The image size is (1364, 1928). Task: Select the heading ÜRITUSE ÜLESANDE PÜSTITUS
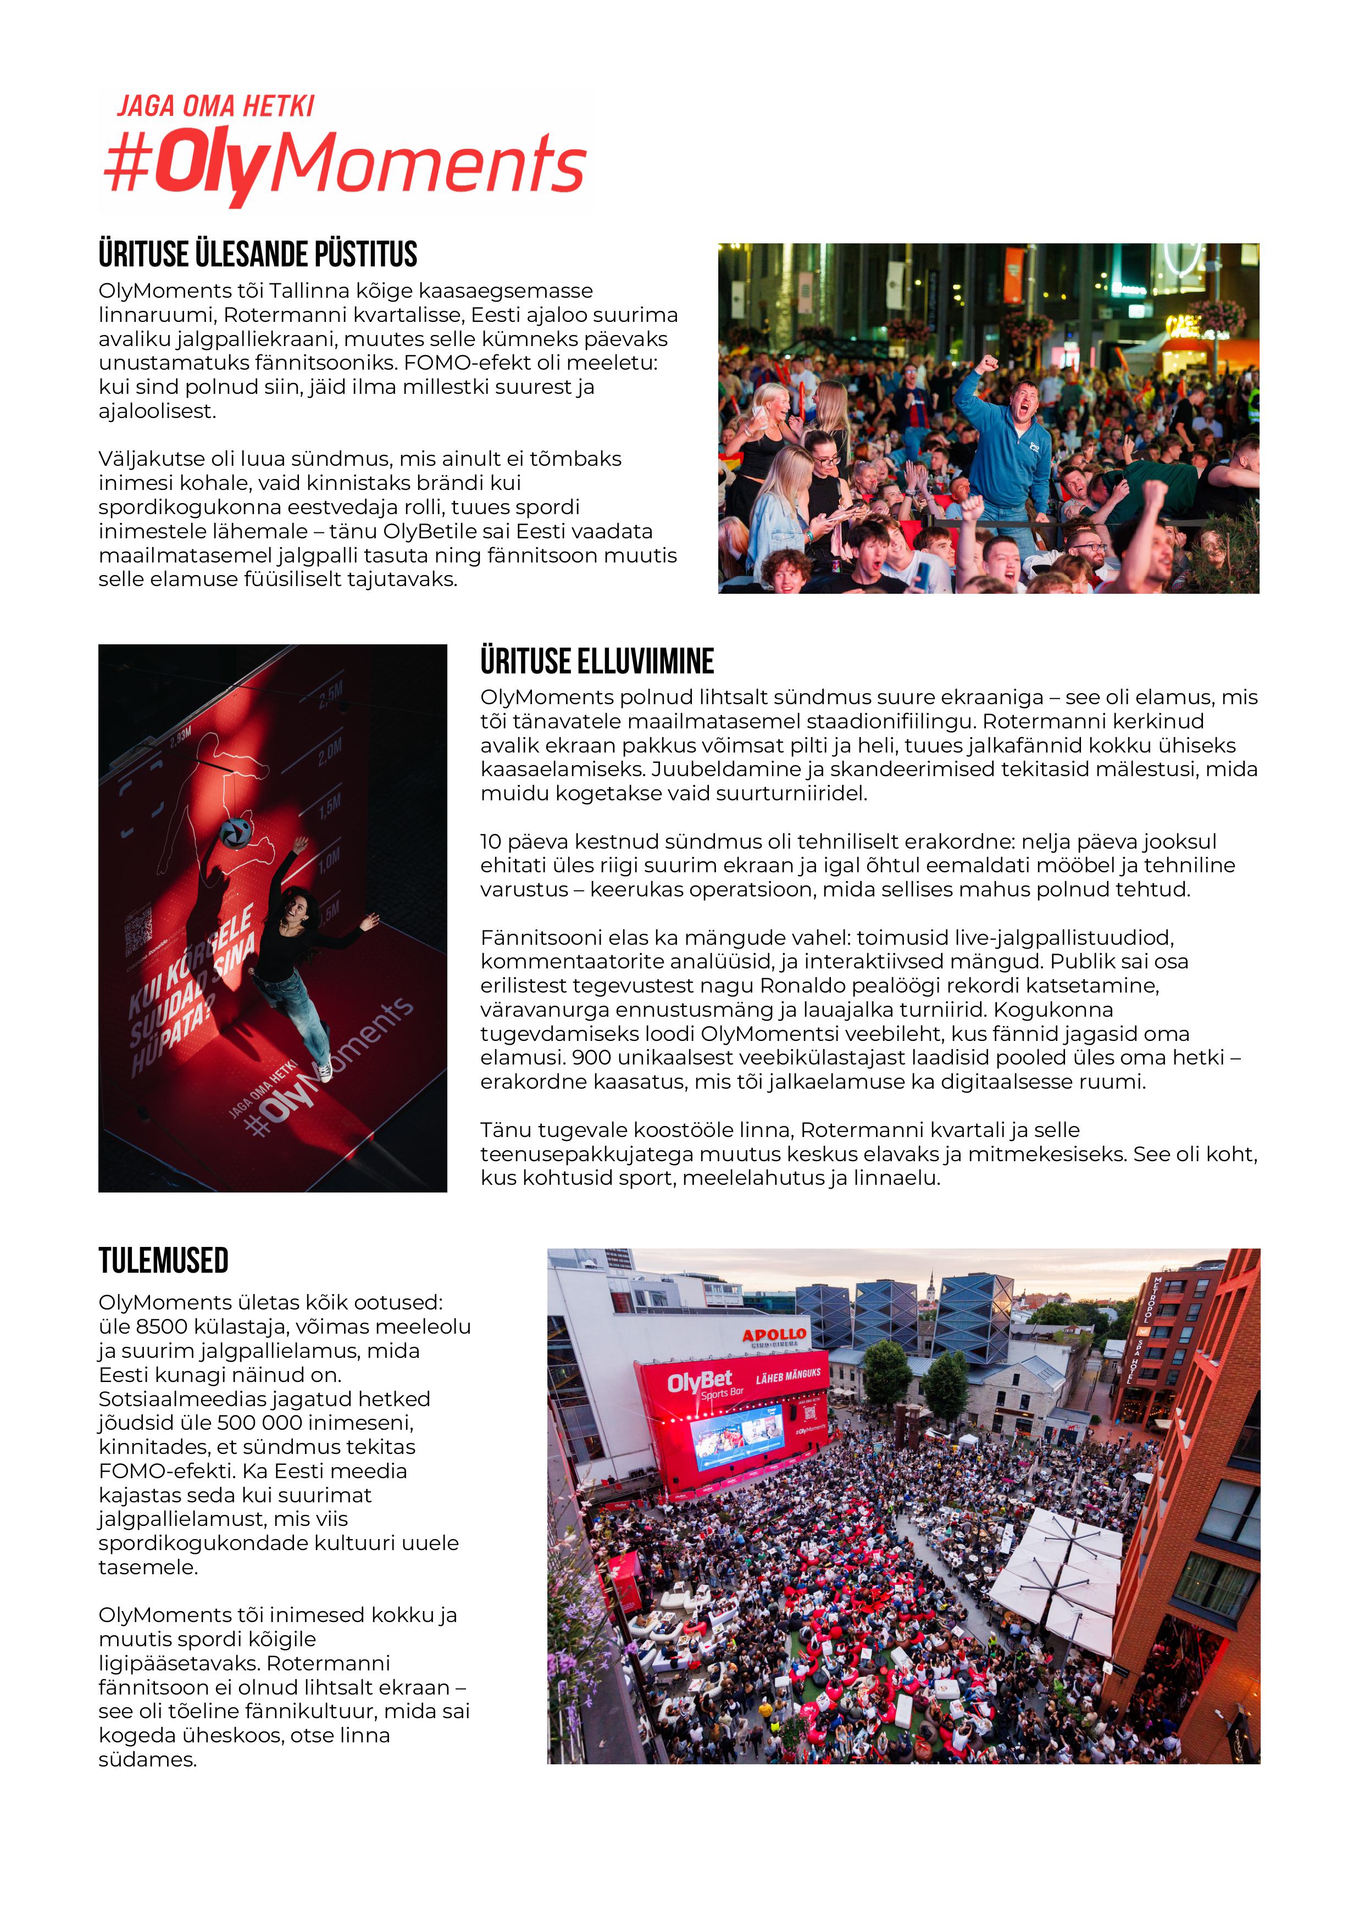(258, 254)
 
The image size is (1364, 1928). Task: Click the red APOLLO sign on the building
(774, 1335)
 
